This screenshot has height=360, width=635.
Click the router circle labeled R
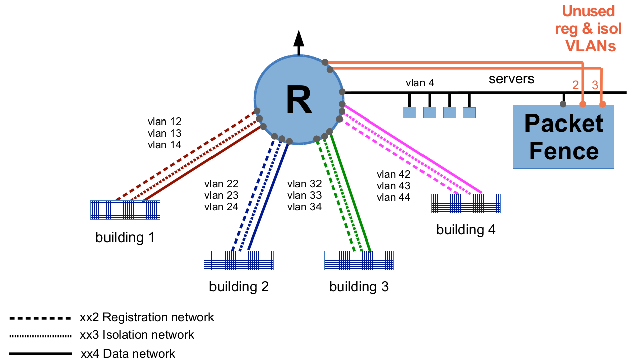pos(298,100)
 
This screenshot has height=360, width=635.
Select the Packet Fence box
pos(563,137)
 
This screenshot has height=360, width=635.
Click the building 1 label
pos(125,237)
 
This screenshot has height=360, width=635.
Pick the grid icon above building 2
pos(239,260)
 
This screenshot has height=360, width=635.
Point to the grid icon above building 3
pos(359,260)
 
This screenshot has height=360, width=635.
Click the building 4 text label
pos(466,230)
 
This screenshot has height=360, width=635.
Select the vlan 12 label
pos(164,122)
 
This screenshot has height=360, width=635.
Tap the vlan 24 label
pos(221,207)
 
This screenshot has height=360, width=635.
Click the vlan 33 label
pos(304,195)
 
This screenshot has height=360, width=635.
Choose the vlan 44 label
pos(393,197)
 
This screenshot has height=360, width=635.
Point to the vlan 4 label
pos(419,83)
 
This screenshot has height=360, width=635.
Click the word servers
pos(511,79)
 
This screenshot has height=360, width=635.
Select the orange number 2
pos(576,85)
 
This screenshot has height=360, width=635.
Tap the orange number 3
pos(595,85)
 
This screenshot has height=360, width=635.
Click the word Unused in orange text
pos(588,11)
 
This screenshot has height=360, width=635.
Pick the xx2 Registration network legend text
pos(147,317)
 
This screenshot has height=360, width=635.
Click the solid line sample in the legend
pos(40,354)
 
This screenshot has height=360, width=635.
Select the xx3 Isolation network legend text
pos(137,335)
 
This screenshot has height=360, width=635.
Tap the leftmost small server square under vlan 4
pos(409,112)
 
